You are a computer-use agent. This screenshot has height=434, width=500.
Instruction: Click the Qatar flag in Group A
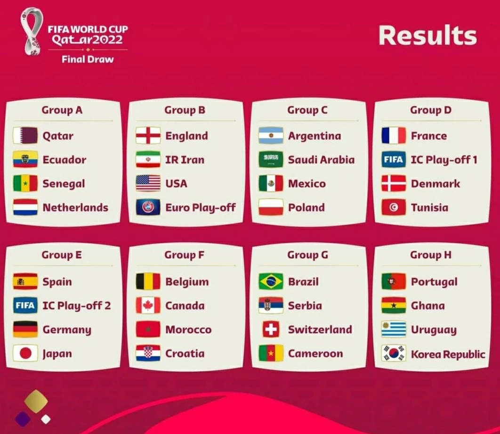click(25, 135)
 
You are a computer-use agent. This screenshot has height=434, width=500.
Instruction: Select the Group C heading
click(307, 110)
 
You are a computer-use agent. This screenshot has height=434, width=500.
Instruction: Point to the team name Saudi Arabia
click(321, 160)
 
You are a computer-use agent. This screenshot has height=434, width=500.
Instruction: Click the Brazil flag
click(271, 281)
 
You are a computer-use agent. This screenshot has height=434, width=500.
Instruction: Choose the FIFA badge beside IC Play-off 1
click(394, 159)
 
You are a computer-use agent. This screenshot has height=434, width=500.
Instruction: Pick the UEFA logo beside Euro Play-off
click(148, 207)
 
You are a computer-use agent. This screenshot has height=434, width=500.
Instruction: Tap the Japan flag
click(25, 353)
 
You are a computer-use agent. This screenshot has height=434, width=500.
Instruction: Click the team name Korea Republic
click(448, 354)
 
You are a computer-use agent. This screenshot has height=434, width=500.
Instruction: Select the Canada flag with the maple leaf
click(148, 305)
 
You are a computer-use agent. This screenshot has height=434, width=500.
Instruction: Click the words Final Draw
click(88, 59)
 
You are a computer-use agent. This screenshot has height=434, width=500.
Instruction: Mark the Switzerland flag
click(271, 329)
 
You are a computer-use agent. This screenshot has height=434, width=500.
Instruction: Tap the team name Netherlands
click(75, 207)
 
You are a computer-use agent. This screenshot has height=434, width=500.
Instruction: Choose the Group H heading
click(430, 255)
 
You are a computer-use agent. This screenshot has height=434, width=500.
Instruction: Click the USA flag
click(148, 183)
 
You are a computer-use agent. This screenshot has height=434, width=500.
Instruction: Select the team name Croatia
click(185, 353)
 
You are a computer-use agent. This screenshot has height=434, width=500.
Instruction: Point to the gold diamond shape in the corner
click(36, 401)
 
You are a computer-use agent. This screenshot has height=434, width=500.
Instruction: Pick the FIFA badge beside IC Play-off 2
click(25, 305)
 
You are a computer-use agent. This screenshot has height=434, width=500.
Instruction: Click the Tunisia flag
click(394, 207)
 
